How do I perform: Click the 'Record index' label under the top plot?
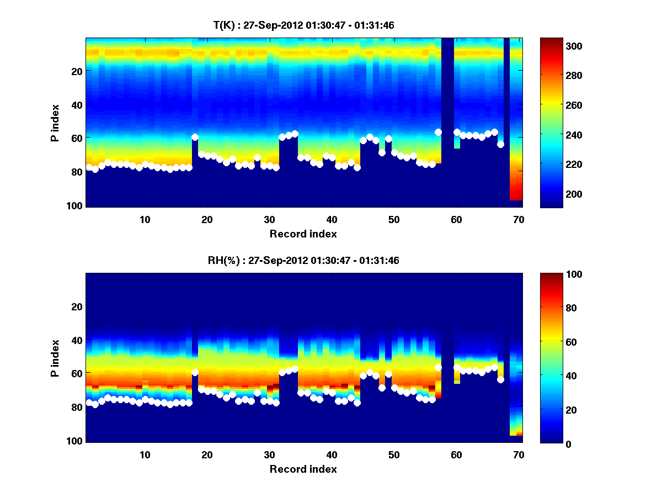pos(303,234)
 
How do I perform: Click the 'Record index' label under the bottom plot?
pos(303,469)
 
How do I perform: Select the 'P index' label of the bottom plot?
pos(55,358)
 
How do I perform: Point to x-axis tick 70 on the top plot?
pos(519,219)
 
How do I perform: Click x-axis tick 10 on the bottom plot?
pos(145,454)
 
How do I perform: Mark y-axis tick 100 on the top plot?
pos(76,205)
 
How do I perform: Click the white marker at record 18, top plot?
pos(195,137)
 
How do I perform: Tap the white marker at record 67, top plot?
pos(500,144)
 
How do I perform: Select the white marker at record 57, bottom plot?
pos(438,367)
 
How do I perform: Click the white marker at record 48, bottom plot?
pos(382,388)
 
